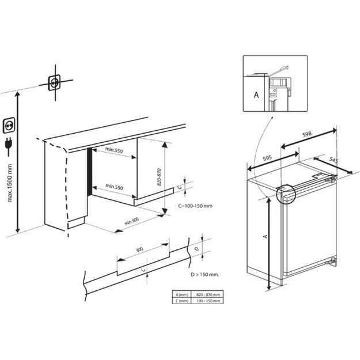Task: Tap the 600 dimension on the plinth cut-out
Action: (x=139, y=249)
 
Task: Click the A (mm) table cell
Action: (x=182, y=294)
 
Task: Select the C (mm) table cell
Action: (x=182, y=300)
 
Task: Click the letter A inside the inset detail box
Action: (x=256, y=94)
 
